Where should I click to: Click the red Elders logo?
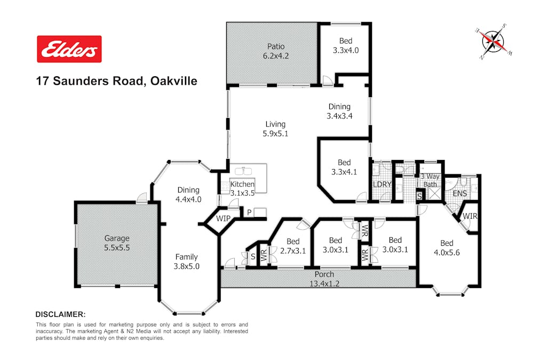pyautogui.click(x=69, y=49)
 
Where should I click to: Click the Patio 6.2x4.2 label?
pyautogui.click(x=276, y=51)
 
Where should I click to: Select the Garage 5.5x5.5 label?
pyautogui.click(x=117, y=243)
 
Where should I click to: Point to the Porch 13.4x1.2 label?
pyautogui.click(x=324, y=279)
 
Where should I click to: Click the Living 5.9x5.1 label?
pyautogui.click(x=275, y=129)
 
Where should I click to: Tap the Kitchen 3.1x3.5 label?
pyautogui.click(x=242, y=188)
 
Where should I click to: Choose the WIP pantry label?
pyautogui.click(x=223, y=219)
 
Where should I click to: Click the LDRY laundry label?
pyautogui.click(x=382, y=184)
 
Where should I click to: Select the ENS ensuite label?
pyautogui.click(x=460, y=194)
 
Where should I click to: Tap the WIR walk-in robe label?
pyautogui.click(x=470, y=216)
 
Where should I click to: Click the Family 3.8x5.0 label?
pyautogui.click(x=186, y=261)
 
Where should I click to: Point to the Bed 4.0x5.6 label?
pyautogui.click(x=447, y=248)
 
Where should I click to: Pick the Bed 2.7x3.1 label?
pyautogui.click(x=293, y=246)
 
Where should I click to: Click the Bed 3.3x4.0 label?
pyautogui.click(x=346, y=45)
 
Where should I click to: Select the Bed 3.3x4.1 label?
pyautogui.click(x=344, y=167)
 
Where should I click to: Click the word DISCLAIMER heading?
pyautogui.click(x=61, y=314)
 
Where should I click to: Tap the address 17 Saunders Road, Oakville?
pyautogui.click(x=117, y=81)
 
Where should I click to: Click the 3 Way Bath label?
pyautogui.click(x=430, y=180)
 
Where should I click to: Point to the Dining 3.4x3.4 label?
pyautogui.click(x=339, y=111)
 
